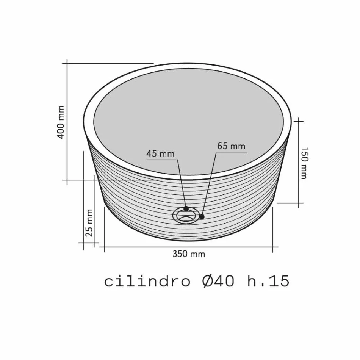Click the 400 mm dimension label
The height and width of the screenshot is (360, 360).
click(61, 122)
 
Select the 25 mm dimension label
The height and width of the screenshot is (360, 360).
click(89, 223)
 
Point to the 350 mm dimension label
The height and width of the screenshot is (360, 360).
click(189, 254)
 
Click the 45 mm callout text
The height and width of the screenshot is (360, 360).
click(160, 153)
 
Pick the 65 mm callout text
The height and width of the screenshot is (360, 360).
click(231, 146)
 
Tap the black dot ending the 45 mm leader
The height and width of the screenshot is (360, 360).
click(186, 209)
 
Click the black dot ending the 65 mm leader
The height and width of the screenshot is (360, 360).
click(202, 217)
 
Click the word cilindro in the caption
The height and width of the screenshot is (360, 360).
click(147, 282)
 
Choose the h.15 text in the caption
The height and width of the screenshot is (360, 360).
click(268, 282)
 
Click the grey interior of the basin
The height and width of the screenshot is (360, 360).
click(188, 114)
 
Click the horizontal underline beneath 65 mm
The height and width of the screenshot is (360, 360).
click(231, 153)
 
